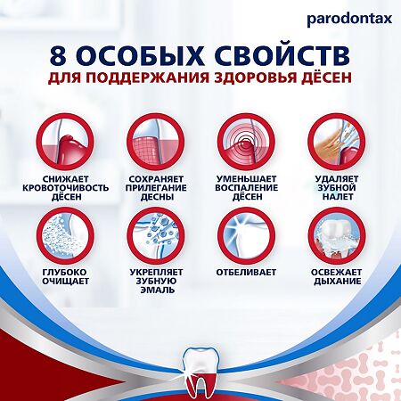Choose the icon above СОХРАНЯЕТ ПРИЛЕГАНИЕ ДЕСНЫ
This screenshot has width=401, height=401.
coord(155,142)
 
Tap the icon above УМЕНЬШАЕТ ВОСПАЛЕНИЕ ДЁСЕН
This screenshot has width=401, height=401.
coord(245,142)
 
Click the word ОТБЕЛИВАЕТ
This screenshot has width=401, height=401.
coord(246,271)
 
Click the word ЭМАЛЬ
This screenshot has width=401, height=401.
coord(155,291)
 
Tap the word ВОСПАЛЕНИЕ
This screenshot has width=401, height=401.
coord(246,189)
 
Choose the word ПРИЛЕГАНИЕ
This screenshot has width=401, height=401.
coord(155,189)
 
